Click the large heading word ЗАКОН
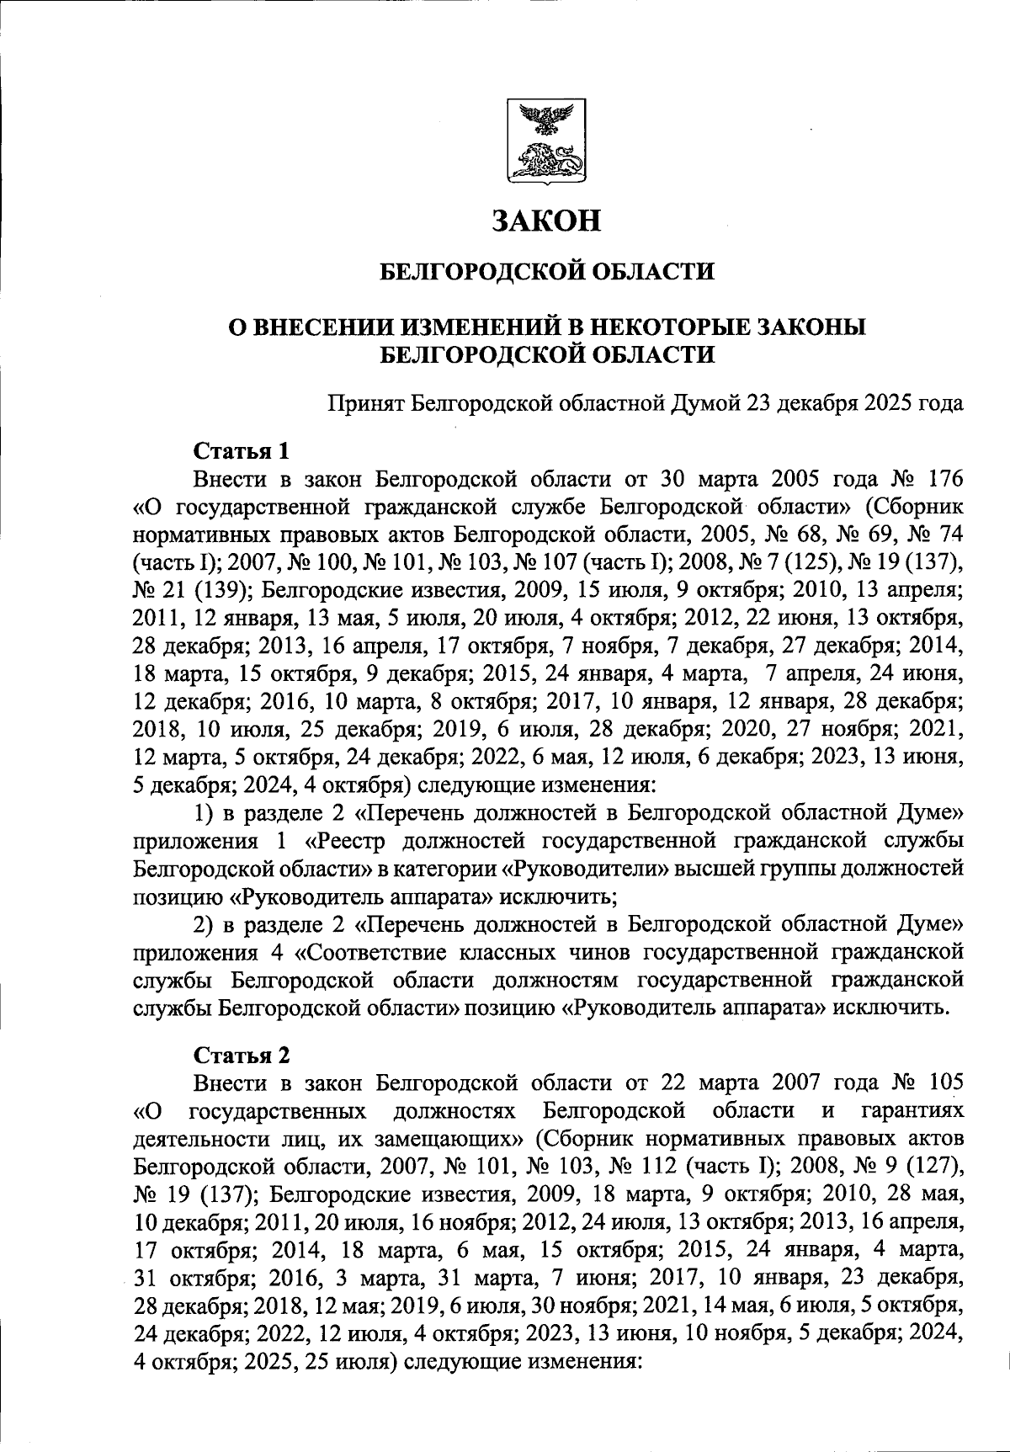pos(547,221)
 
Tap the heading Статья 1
pos(242,451)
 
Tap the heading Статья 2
pos(242,1054)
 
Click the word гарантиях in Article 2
pos(912,1110)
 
